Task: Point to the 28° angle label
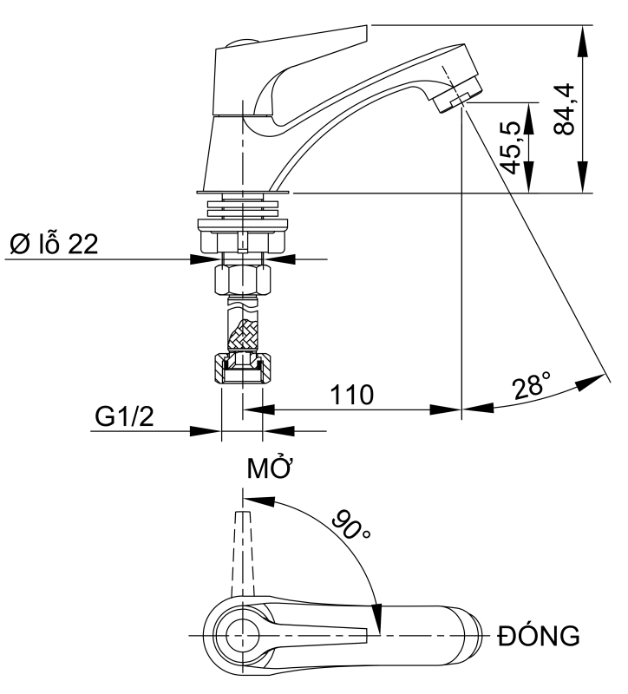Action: [x=533, y=385]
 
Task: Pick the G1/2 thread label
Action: [x=123, y=419]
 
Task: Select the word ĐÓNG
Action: [x=538, y=638]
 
